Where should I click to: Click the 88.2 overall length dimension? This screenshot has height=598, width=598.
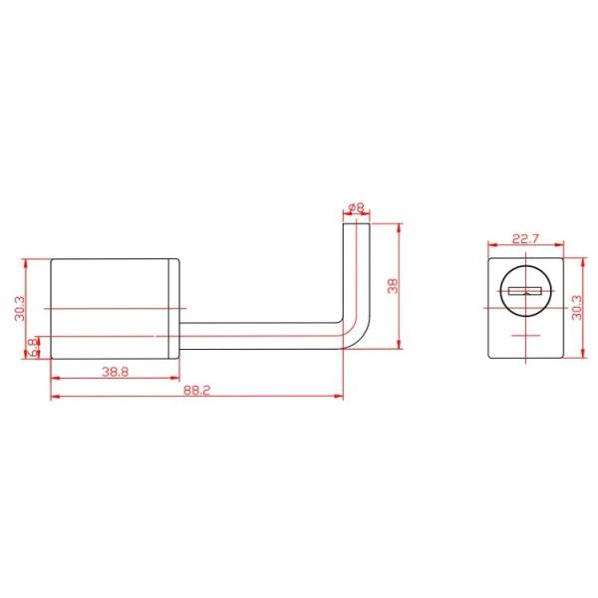(196, 390)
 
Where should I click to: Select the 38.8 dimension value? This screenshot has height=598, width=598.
(116, 372)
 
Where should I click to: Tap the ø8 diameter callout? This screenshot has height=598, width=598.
(357, 208)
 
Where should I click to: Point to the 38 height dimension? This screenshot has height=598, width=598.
(393, 286)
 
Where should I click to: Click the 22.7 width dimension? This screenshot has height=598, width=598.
(525, 239)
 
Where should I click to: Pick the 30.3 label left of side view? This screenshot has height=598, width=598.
(20, 309)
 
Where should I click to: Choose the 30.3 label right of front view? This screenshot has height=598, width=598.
(577, 308)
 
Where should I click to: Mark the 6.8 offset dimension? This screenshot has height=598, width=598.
(34, 348)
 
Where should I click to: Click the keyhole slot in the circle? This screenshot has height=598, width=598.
(525, 291)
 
